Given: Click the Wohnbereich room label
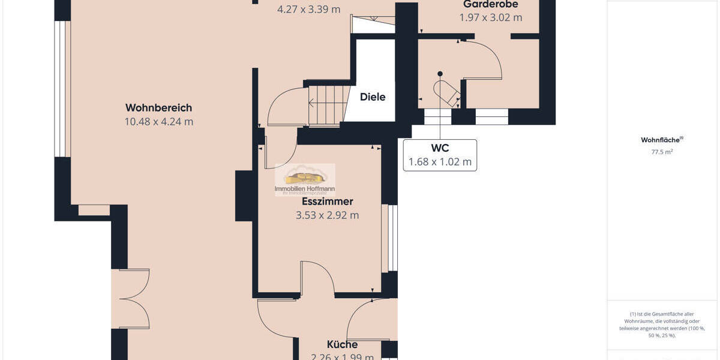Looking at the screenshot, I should click(x=158, y=108).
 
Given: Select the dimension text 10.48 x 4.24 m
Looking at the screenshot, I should click(x=158, y=122).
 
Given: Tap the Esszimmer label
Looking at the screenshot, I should click(x=327, y=202).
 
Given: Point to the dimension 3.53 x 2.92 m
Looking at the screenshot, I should click(x=327, y=215).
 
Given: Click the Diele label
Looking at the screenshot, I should click(x=373, y=97).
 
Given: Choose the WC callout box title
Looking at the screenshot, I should click(x=440, y=148).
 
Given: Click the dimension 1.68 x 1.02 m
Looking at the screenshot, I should click(x=440, y=162).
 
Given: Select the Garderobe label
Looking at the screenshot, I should click(x=490, y=5).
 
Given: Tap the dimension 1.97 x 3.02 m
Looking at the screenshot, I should click(x=490, y=18).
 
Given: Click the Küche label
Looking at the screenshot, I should click(x=342, y=344).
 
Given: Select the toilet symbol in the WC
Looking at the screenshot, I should click(x=447, y=92).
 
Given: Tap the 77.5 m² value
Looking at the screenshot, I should click(x=662, y=152).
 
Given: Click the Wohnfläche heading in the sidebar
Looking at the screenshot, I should click(x=661, y=140).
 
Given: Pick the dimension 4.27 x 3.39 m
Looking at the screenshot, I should click(x=308, y=10).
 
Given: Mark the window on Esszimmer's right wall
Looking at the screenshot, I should click(x=392, y=238).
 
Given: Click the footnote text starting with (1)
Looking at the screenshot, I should click(x=662, y=325).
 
